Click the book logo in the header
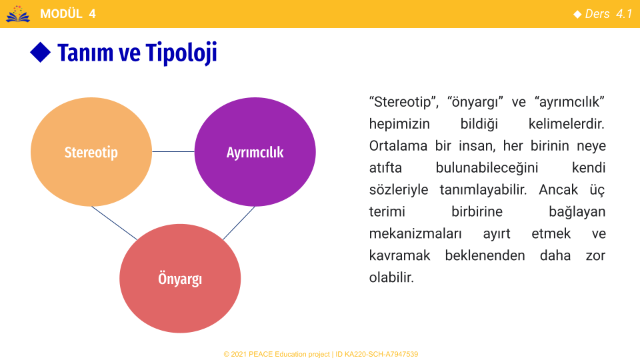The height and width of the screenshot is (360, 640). click(x=18, y=14)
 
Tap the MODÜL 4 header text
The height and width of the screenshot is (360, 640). click(x=68, y=14)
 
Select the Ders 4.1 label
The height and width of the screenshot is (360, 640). click(x=609, y=14)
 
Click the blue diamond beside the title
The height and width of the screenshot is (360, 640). click(x=41, y=52)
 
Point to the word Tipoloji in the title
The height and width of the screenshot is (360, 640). click(x=181, y=53)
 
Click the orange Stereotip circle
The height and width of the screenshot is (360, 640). click(x=91, y=152)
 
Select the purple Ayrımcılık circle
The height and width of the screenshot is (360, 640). click(x=255, y=152)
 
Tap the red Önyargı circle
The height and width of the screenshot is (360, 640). click(x=180, y=279)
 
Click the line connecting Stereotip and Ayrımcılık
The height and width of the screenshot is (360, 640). click(x=173, y=152)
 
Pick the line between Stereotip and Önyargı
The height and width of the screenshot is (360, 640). click(x=114, y=223)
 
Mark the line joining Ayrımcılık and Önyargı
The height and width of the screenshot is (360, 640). click(x=239, y=223)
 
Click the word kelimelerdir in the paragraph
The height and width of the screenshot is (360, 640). click(x=566, y=124)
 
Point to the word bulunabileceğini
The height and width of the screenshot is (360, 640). click(x=487, y=168)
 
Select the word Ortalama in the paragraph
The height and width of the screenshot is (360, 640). click(x=398, y=146)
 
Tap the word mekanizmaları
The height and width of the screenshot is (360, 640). click(x=415, y=233)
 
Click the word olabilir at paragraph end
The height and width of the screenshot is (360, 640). click(x=391, y=277)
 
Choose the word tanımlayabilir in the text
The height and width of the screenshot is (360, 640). click(x=483, y=190)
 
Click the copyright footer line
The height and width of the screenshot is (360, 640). click(x=321, y=354)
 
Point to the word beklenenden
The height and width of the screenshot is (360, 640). click(x=485, y=255)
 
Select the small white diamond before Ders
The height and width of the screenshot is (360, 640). click(x=577, y=14)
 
